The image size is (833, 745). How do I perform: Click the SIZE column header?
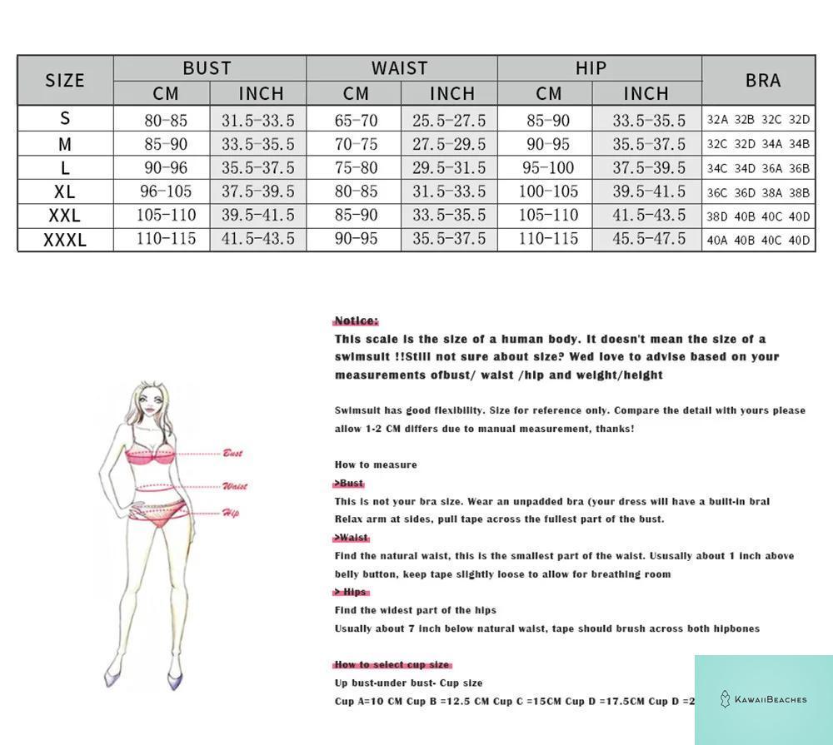65,80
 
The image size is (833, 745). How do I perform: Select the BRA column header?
763,80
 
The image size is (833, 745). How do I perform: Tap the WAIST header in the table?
400,68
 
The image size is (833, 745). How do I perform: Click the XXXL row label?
65,240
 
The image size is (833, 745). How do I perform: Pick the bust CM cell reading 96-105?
167,191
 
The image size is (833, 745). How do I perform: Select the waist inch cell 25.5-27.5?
449,120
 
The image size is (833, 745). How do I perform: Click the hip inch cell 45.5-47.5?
649,240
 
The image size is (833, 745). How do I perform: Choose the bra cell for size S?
758,120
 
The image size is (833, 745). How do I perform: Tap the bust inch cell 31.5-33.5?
257,120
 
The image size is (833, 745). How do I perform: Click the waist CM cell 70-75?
356,144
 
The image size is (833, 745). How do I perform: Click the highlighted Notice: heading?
356,320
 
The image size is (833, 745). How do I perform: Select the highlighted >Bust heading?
349,483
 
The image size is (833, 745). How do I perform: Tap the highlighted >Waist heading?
352,538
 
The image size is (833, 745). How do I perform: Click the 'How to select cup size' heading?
392,664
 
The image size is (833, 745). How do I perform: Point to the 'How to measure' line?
376,464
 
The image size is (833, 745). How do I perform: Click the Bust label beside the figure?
232,453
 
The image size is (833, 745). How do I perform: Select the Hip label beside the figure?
230,513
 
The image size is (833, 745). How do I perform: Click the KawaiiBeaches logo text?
770,699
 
